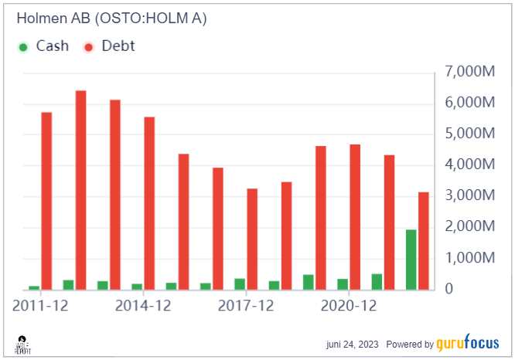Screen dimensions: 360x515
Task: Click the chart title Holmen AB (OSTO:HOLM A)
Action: click(111, 19)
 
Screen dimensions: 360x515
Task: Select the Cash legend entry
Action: click(43, 46)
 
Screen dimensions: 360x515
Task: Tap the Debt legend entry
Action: click(108, 46)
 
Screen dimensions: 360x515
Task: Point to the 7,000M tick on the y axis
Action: click(469, 72)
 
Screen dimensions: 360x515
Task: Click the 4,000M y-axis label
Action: click(469, 165)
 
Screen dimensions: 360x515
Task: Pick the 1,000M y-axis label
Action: click(469, 258)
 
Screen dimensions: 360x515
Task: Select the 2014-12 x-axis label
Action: click(143, 305)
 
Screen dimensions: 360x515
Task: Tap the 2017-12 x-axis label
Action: click(247, 305)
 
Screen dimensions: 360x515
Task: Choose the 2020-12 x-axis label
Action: click(350, 305)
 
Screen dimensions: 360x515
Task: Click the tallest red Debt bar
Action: click(80, 190)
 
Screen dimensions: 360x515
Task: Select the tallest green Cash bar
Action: click(411, 260)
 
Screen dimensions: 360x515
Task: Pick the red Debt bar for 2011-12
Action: click(46, 201)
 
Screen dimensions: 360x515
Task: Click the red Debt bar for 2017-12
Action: click(252, 239)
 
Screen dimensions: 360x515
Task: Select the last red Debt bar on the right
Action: click(424, 240)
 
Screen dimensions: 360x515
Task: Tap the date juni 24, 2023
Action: click(352, 345)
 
